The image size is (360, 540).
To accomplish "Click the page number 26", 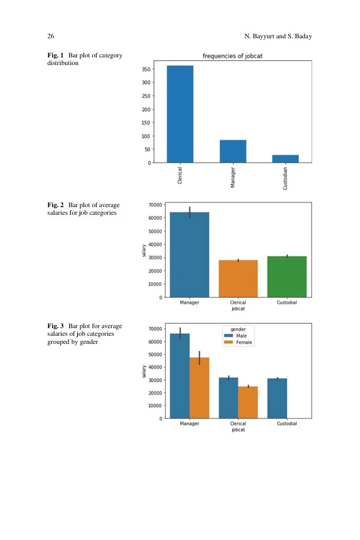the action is [x=51, y=36].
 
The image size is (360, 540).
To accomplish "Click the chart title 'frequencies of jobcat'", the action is [x=232, y=56].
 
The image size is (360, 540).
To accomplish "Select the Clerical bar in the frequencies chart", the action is [x=180, y=114].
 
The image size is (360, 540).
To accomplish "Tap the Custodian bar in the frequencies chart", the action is [x=285, y=159].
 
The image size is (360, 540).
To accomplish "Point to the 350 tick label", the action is [x=146, y=69].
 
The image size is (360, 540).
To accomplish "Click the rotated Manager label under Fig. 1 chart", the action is [x=233, y=177].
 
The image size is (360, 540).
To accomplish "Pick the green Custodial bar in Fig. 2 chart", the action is [x=287, y=276].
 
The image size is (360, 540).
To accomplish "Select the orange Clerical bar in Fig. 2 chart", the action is [x=238, y=279].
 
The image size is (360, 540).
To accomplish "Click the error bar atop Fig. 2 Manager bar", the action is [x=190, y=212].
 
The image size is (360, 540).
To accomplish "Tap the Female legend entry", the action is [x=238, y=342].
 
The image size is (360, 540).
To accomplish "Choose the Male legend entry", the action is [x=236, y=336].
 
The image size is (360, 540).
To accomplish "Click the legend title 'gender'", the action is [x=238, y=329].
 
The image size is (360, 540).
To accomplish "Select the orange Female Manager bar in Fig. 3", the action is [x=199, y=388].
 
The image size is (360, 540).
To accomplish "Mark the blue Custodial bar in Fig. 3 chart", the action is [x=277, y=398].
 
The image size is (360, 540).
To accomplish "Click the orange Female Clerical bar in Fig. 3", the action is [x=248, y=402].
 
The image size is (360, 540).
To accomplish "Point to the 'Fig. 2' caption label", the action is [x=56, y=205].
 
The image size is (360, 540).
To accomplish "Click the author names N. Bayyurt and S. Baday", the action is [x=278, y=36].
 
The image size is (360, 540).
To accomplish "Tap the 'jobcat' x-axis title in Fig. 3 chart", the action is [x=238, y=430].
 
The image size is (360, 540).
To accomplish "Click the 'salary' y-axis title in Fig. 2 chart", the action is [x=144, y=250].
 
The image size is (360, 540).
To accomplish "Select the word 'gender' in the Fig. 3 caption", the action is [x=89, y=342].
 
